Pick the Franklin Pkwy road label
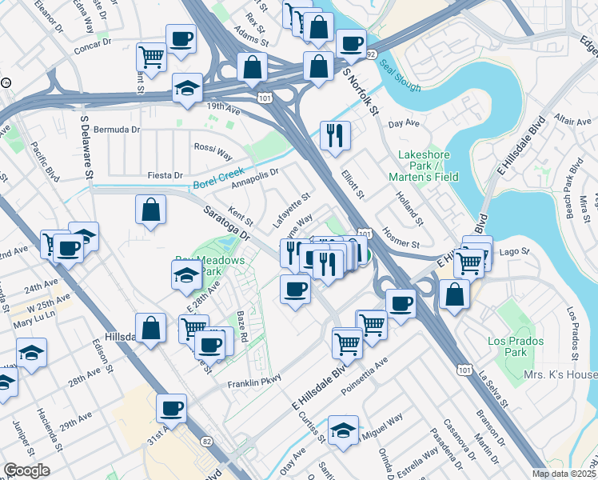255,382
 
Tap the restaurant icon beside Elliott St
334,134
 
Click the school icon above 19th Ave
187,88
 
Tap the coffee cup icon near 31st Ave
172,409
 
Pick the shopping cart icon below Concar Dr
151,56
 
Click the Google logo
26,470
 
